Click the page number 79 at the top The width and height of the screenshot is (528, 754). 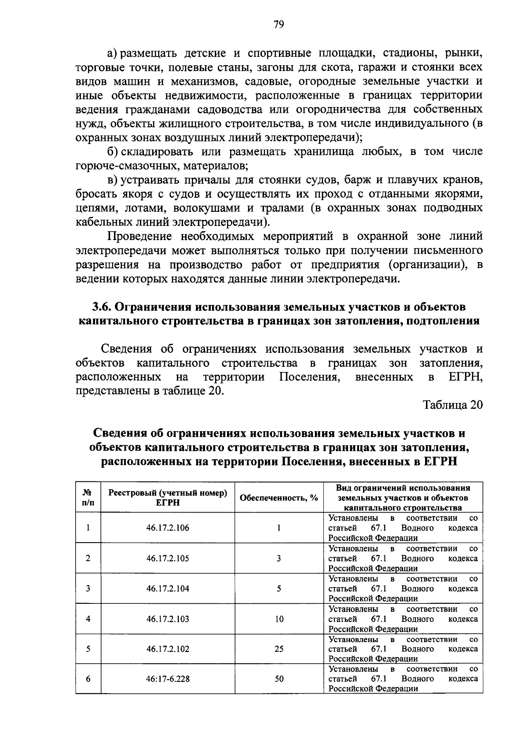coord(278,25)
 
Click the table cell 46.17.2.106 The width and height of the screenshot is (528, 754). coord(168,528)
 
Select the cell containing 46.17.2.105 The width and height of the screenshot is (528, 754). coord(168,558)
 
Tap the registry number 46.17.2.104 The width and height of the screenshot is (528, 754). coord(168,588)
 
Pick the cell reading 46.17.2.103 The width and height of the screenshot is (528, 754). coord(168,619)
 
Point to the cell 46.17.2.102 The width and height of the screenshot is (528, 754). coord(168,649)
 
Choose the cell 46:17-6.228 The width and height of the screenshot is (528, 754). coord(168,679)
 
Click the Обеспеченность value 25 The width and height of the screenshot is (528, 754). coord(279,649)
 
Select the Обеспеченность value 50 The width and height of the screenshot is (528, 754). coord(279,679)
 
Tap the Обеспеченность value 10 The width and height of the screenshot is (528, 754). coord(279,619)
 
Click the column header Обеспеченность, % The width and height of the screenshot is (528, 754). coord(279,498)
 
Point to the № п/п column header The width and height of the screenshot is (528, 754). coord(88,498)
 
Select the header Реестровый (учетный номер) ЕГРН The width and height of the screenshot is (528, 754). coord(168,498)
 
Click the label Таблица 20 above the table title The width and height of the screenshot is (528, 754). coord(453,405)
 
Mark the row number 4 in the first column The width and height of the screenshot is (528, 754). coord(88,619)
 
